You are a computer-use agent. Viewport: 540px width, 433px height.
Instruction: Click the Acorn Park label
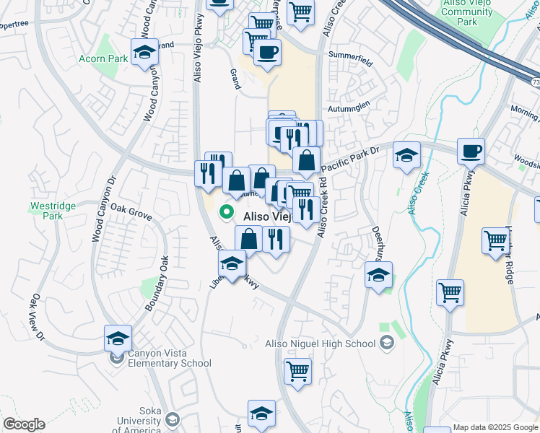pyautogui.click(x=103, y=58)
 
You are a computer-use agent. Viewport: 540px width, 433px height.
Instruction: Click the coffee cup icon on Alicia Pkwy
pyautogui.click(x=471, y=152)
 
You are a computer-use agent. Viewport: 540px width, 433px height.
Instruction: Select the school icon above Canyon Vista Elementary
pyautogui.click(x=118, y=338)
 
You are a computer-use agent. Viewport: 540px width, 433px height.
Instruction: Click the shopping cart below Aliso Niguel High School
pyautogui.click(x=297, y=371)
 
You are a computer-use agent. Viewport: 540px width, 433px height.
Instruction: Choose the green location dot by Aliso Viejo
pyautogui.click(x=227, y=213)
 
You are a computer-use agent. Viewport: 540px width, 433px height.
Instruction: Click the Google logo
pyautogui.click(x=24, y=424)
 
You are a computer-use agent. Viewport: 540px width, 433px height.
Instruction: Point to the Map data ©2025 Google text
pyautogui.click(x=495, y=427)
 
